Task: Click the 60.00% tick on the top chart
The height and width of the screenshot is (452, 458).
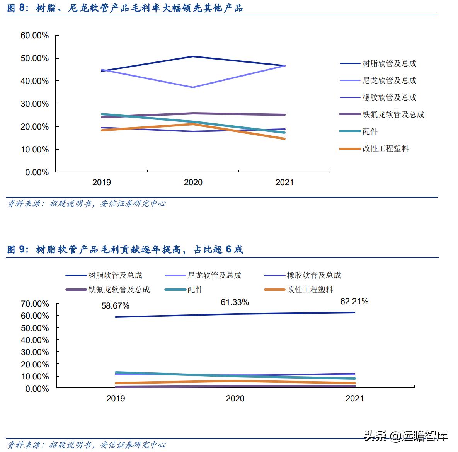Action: [35, 36]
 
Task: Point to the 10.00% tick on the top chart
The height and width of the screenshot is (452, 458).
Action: [35, 150]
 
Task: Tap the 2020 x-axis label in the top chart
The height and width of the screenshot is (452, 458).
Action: [193, 183]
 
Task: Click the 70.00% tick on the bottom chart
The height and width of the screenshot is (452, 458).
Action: [35, 304]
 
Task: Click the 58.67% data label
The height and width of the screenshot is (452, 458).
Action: [115, 306]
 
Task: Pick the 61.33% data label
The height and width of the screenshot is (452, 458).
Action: [235, 302]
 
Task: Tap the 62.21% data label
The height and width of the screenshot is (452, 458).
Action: [354, 301]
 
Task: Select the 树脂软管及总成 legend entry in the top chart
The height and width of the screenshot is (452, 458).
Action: [389, 64]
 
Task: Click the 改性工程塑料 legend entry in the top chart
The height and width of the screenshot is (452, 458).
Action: [385, 149]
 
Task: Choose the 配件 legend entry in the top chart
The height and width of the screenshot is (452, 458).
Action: [370, 132]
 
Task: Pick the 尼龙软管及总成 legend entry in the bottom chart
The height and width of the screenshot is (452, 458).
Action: [215, 275]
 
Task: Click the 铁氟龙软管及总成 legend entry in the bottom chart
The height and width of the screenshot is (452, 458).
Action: [119, 290]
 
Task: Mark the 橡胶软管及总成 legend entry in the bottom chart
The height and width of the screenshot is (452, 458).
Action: [314, 275]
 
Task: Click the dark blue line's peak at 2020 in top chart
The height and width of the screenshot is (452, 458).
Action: [193, 56]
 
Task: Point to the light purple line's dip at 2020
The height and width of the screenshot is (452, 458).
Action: [193, 87]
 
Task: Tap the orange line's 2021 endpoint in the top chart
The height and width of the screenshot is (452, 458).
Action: [284, 139]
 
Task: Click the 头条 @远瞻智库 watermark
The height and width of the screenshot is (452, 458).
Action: [406, 436]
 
